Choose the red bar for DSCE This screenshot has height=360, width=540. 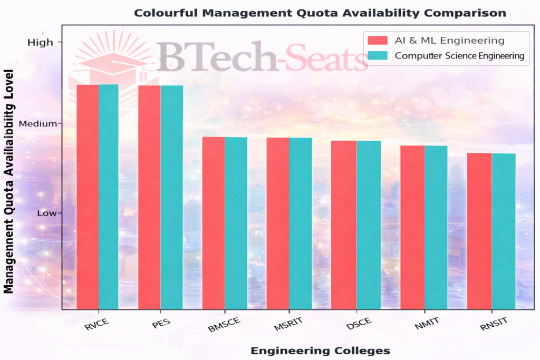[x=344, y=225]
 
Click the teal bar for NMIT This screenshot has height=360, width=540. [x=436, y=227]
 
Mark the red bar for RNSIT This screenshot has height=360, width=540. [x=479, y=230]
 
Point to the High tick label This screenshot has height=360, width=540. [x=41, y=43]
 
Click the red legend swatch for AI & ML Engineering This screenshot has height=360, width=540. [x=376, y=40]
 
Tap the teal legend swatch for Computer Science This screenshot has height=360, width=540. [x=376, y=55]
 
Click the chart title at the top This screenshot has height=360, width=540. [x=320, y=13]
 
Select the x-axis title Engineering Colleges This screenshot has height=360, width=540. [x=320, y=351]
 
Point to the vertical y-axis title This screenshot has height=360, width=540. [x=9, y=182]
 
